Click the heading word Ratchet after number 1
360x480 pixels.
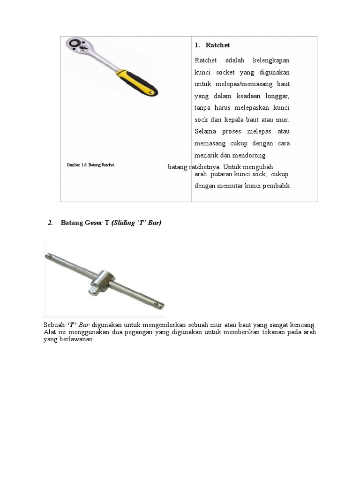[x=218, y=45]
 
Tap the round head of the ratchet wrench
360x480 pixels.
[x=77, y=46]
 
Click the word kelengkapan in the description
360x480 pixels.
[x=271, y=60]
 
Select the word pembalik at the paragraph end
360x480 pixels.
[x=277, y=186]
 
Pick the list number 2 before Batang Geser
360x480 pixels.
[x=50, y=223]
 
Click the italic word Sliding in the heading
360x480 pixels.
[x=124, y=223]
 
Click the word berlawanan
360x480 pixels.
[x=77, y=340]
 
